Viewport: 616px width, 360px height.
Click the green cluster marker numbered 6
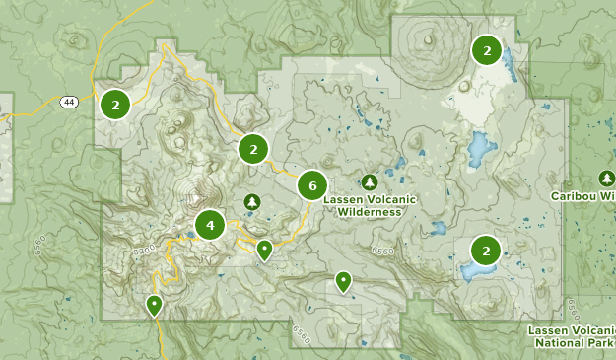[x=312, y=184]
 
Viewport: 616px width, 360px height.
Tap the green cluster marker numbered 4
[x=210, y=225]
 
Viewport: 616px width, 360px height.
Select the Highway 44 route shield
[x=68, y=102]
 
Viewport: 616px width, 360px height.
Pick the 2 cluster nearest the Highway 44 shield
[x=115, y=103]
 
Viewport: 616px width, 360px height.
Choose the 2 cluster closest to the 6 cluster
[x=253, y=149]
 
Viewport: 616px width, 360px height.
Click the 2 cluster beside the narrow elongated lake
[x=486, y=49]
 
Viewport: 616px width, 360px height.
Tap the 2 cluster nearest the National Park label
[x=486, y=248]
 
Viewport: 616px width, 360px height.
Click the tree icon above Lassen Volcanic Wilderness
[x=370, y=182]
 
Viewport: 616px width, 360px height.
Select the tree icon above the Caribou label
[x=607, y=178]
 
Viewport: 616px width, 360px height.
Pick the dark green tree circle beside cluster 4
[x=252, y=202]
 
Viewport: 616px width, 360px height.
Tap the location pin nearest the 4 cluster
[x=264, y=251]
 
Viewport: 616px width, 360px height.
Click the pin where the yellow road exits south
[x=154, y=305]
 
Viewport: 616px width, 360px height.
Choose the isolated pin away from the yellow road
[x=343, y=281]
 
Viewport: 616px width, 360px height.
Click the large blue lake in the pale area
[x=480, y=149]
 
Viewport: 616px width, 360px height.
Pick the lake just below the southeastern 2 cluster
[x=476, y=269]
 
